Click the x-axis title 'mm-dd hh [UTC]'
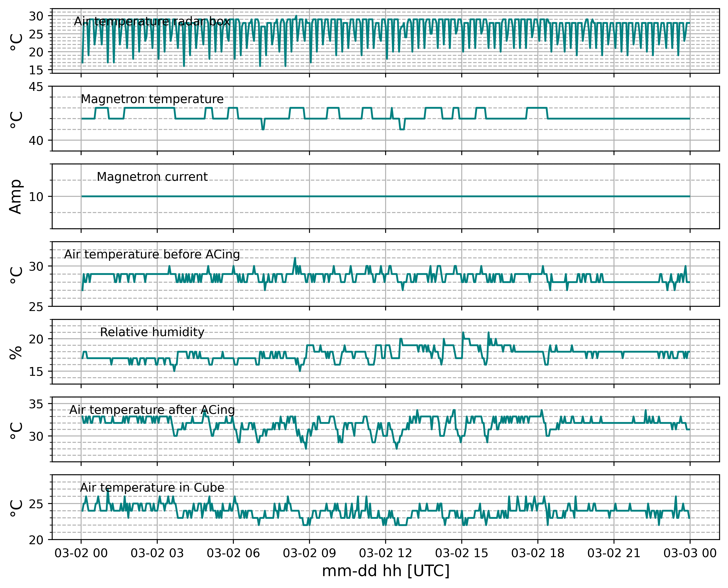386,571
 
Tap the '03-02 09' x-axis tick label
309,553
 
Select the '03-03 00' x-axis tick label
690,553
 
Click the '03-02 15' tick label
462,553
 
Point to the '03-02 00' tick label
81,553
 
